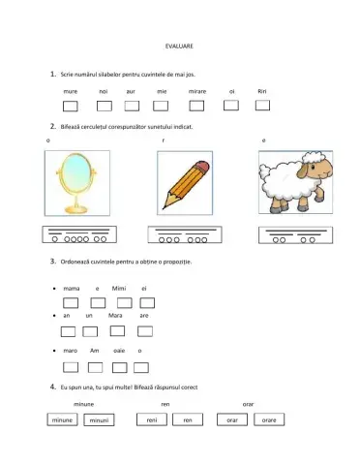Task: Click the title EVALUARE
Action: pyautogui.click(x=180, y=46)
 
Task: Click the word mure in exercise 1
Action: pyautogui.click(x=70, y=90)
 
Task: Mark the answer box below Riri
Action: pyautogui.click(x=261, y=106)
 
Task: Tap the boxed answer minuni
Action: pyautogui.click(x=98, y=420)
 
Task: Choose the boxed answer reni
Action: pyautogui.click(x=151, y=420)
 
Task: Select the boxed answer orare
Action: pyautogui.click(x=270, y=420)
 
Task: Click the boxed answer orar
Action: pyautogui.click(x=231, y=420)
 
